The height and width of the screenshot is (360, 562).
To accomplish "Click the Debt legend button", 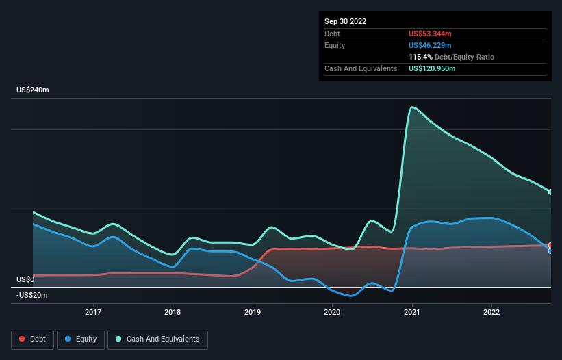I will tap(32, 339).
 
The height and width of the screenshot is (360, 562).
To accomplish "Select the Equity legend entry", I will tap(81, 339).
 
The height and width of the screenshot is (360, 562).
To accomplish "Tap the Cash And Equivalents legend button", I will tap(157, 339).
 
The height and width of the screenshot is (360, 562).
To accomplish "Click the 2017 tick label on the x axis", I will tap(93, 312).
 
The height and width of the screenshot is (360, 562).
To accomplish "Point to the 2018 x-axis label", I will tap(173, 312).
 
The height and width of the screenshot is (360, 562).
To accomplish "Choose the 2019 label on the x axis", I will tap(253, 312).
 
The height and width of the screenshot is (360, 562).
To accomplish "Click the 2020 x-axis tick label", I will tap(332, 312).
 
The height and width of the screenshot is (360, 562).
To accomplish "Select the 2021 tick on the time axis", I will tap(412, 312).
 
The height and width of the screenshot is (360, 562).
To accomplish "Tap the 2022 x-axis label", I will tap(491, 312).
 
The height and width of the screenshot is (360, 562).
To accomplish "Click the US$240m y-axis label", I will tap(34, 90).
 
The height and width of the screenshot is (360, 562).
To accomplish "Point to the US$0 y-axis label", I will tap(25, 279).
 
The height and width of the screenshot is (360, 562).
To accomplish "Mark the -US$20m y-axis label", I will tap(33, 295).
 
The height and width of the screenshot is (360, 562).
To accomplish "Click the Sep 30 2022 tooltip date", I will tap(346, 21).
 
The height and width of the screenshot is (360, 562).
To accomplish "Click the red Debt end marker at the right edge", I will tap(550, 245).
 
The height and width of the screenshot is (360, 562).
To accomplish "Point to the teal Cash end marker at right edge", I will tap(550, 192).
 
